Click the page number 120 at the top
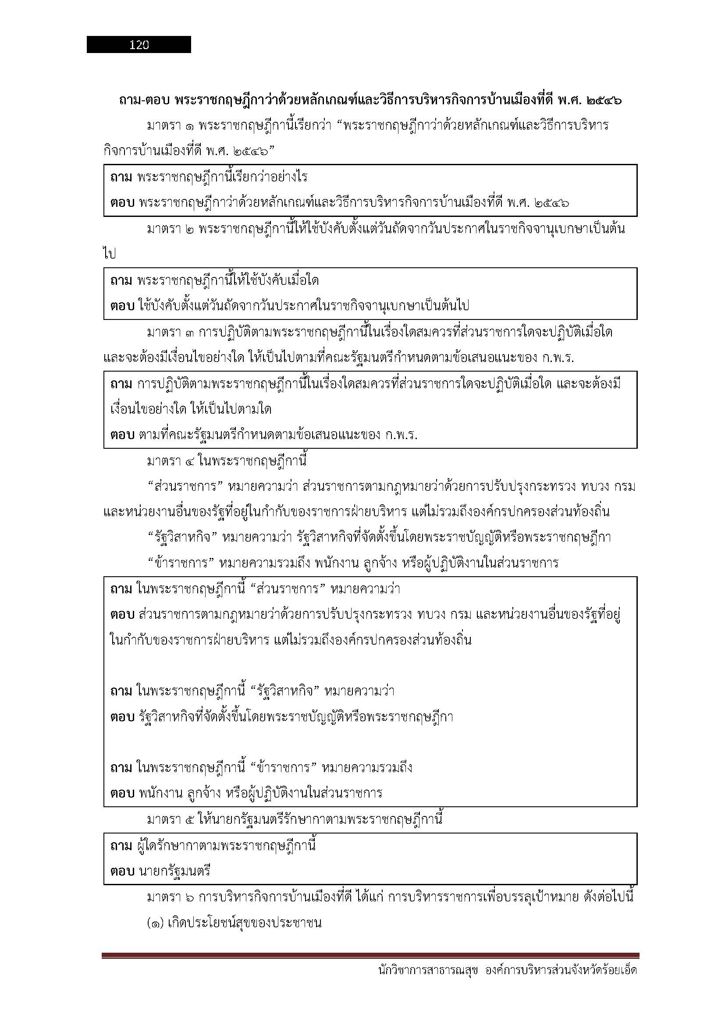pyautogui.click(x=139, y=45)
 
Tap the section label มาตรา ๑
pyautogui.click(x=170, y=126)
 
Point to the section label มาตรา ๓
pyautogui.click(x=170, y=333)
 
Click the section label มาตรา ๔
pyautogui.click(x=170, y=461)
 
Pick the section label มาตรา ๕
pyautogui.click(x=170, y=819)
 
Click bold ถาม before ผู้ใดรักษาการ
pyautogui.click(x=121, y=845)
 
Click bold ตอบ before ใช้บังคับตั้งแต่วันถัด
pyautogui.click(x=122, y=306)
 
